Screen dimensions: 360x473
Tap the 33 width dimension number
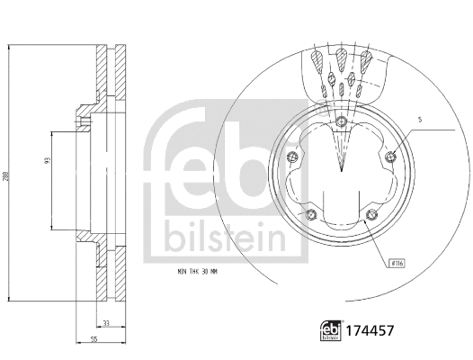pyautogui.click(x=106, y=323)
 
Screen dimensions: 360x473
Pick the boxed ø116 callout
pyautogui.click(x=396, y=262)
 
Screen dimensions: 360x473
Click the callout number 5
pyautogui.click(x=420, y=120)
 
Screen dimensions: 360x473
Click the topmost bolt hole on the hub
pyautogui.click(x=342, y=123)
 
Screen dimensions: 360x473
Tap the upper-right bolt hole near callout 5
pyautogui.click(x=390, y=158)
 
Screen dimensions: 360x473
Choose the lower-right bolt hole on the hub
pyautogui.click(x=372, y=215)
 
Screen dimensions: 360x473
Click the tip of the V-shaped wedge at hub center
pyautogui.click(x=342, y=169)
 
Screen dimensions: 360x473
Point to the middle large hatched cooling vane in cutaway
pyautogui.click(x=342, y=63)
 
